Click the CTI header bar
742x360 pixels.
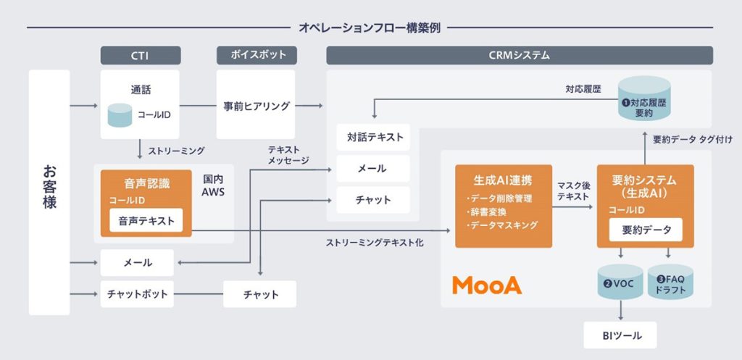[139, 55]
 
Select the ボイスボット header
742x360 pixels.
[256, 55]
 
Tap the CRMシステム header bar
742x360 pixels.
[519, 55]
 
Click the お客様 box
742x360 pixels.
[49, 192]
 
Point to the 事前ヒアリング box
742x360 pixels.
[256, 106]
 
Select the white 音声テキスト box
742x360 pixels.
[146, 221]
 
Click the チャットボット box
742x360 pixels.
[137, 295]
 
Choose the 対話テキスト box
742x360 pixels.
[372, 136]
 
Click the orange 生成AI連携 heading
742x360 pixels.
[503, 179]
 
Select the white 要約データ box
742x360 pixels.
[641, 230]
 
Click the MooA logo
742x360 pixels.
[487, 285]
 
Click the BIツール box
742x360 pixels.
[621, 335]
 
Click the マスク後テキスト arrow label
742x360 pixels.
[575, 191]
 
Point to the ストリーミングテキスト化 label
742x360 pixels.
[375, 243]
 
